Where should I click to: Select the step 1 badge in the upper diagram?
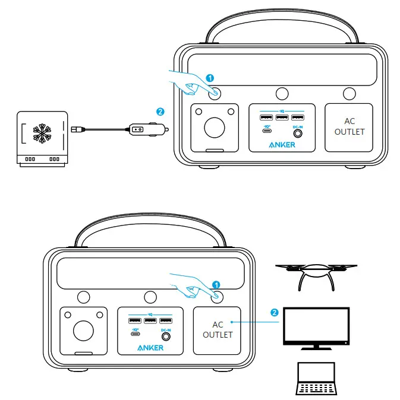pos(209,78)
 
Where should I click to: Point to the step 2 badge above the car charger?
pos(159,111)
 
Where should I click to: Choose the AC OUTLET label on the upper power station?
pos(349,126)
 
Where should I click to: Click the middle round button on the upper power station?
pos(282,93)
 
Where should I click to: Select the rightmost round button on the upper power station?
pos(349,93)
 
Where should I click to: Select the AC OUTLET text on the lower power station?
pos(218,329)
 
